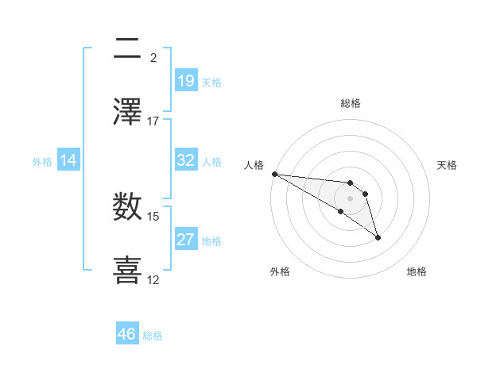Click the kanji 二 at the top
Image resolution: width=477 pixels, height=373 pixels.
(128, 49)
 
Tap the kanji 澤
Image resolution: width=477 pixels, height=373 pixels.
(128, 111)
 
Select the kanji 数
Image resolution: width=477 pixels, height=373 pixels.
(128, 206)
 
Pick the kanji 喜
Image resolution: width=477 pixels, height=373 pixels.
(128, 267)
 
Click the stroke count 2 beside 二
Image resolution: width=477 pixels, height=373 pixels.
(153, 58)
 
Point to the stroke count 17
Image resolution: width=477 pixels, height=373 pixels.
(153, 121)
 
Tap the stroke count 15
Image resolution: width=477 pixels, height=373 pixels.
(153, 216)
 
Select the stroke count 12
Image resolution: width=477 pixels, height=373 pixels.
(153, 279)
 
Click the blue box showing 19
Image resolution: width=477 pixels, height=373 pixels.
(186, 81)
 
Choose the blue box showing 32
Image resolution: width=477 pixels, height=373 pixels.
(186, 160)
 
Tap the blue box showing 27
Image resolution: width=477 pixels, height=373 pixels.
(186, 240)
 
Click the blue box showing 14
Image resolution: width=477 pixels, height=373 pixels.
(68, 161)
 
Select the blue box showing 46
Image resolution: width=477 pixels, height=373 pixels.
(127, 334)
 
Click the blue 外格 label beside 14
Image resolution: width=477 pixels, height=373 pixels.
(42, 162)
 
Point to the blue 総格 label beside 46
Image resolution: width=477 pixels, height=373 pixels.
(153, 336)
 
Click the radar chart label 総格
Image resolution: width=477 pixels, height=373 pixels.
(351, 103)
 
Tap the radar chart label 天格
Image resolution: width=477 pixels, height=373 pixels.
(447, 165)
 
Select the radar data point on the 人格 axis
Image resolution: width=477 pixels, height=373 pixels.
(274, 174)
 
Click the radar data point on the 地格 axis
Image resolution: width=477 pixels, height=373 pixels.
(378, 236)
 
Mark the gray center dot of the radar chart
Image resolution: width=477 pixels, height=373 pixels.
(350, 198)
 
